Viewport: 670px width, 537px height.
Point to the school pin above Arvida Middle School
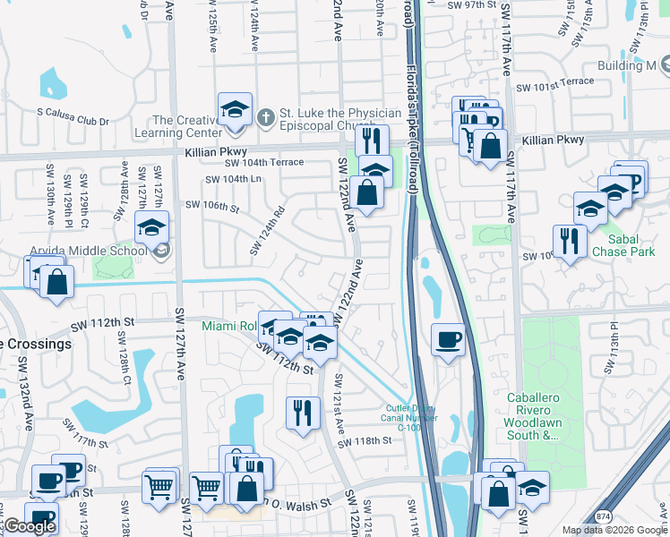[152, 228]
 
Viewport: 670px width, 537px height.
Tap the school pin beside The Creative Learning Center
[235, 109]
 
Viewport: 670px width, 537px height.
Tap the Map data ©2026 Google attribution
[614, 530]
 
